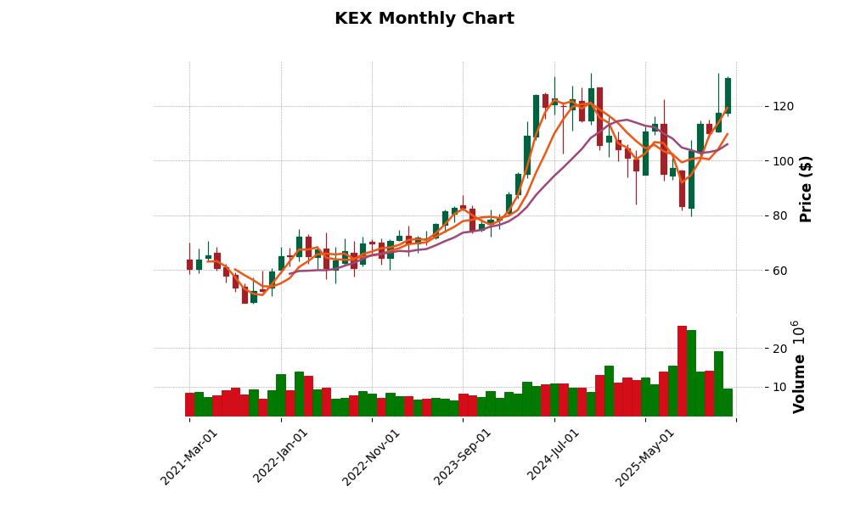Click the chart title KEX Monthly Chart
(x=424, y=19)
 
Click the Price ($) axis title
(x=807, y=188)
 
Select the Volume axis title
(x=799, y=366)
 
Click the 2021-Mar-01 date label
(x=189, y=457)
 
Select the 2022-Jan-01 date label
(x=281, y=457)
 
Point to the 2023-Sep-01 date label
(x=463, y=457)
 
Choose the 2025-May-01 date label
(x=645, y=457)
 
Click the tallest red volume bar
(x=682, y=372)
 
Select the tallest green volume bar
(x=691, y=374)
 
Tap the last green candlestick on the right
(x=728, y=95)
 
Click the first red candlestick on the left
(x=189, y=265)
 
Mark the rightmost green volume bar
(x=728, y=403)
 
